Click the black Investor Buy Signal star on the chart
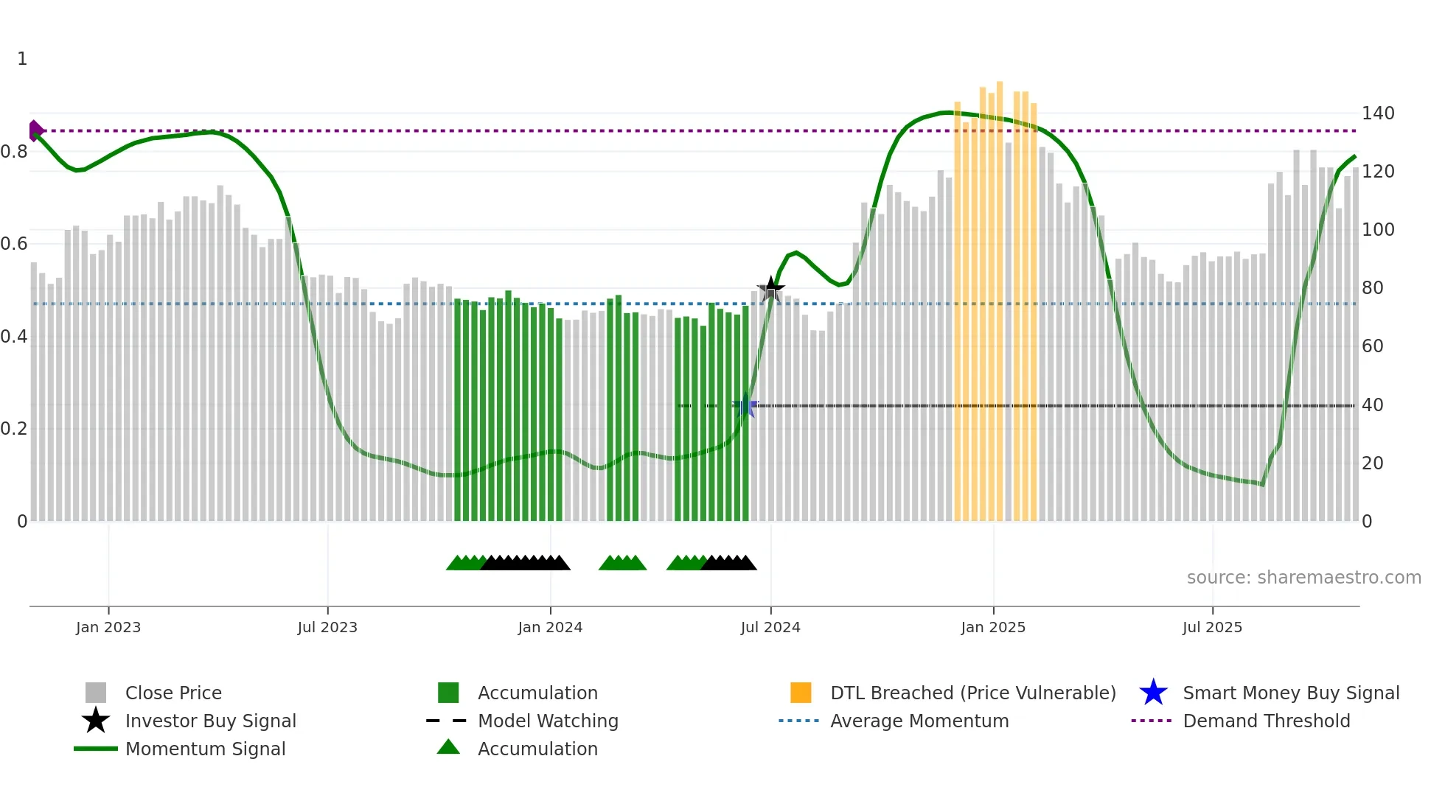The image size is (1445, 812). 771,290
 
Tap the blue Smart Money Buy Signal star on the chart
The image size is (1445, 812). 746,405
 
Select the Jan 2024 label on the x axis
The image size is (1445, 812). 550,627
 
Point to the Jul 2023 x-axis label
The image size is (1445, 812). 327,627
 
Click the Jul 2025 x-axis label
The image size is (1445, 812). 1212,627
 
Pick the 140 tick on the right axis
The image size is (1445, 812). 1377,113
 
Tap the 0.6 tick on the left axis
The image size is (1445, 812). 14,244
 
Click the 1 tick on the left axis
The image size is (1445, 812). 22,59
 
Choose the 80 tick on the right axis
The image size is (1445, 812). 1372,288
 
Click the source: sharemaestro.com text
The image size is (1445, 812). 1303,578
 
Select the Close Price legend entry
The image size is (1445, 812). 173,693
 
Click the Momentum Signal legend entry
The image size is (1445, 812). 205,749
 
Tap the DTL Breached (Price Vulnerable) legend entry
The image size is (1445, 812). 972,693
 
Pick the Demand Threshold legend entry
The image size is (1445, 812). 1266,721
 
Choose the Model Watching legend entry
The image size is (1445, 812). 548,721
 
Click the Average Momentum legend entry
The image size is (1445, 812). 919,721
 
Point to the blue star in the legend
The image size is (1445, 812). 1153,693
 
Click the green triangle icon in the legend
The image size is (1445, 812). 448,748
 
